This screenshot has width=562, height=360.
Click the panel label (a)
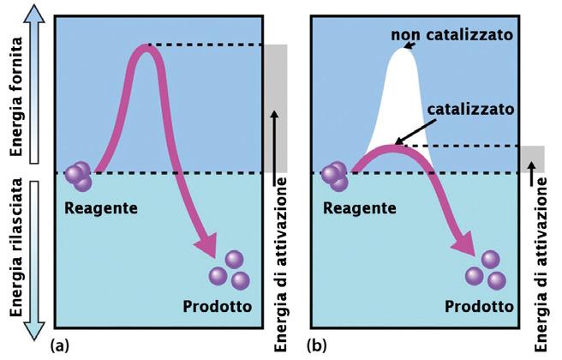tap(59, 346)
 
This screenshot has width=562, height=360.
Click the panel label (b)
tap(315, 346)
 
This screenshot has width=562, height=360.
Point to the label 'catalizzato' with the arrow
tap(469, 110)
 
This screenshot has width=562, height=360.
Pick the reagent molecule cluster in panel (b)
tap(335, 177)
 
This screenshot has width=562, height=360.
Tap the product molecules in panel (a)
tap(230, 271)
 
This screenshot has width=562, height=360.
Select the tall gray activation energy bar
tap(276, 106)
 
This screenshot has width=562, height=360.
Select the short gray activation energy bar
tap(532, 159)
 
